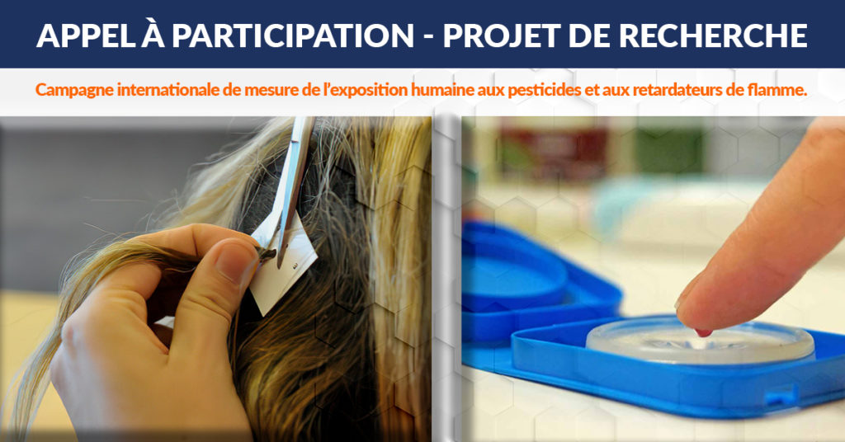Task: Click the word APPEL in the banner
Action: tap(85, 36)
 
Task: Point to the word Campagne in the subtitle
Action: tap(74, 90)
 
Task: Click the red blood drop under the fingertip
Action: tap(703, 332)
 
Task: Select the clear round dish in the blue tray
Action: tap(700, 341)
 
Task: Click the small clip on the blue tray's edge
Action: tap(781, 396)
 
